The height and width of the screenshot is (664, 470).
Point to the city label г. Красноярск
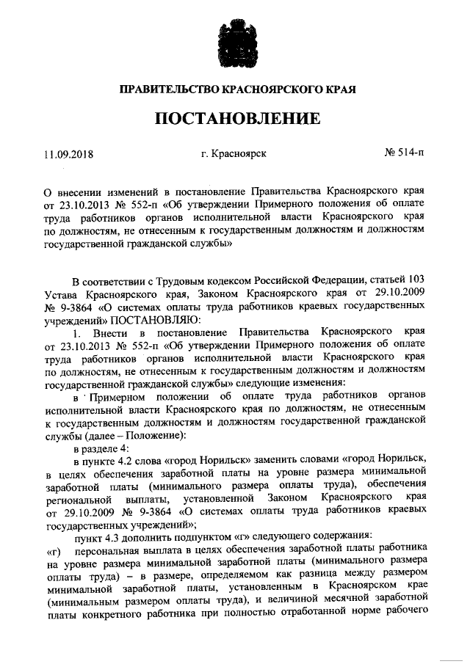(x=233, y=154)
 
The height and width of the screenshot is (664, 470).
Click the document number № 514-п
(x=405, y=154)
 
